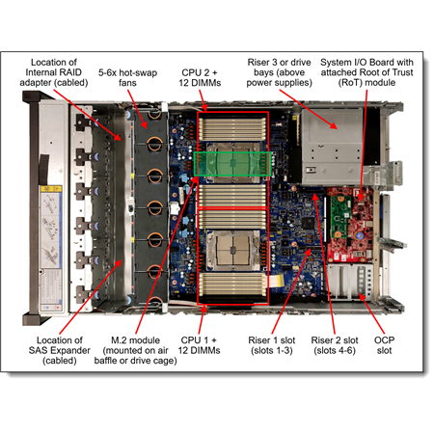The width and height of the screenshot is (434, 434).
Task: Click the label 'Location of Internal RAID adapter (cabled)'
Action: point(54,72)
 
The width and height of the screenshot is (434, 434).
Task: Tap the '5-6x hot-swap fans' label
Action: point(127,77)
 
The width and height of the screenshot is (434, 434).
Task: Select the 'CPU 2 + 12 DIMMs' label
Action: point(200,77)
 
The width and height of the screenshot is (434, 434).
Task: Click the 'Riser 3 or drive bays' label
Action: point(279,72)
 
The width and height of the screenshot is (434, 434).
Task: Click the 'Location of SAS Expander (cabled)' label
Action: point(60,350)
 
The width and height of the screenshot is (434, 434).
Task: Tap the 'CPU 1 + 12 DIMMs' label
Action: point(199,345)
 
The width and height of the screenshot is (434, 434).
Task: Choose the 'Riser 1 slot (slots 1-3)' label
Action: point(272,345)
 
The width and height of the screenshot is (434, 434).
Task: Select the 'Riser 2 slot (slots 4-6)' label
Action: point(335,345)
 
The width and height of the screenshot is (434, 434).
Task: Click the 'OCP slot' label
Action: point(384,345)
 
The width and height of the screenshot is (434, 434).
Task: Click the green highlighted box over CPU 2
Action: point(232,164)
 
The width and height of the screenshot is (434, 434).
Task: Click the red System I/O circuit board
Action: point(350,225)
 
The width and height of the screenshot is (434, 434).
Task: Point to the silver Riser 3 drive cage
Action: point(332,147)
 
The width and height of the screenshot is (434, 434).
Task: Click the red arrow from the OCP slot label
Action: point(372,313)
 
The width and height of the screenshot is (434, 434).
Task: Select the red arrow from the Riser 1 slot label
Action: point(291,291)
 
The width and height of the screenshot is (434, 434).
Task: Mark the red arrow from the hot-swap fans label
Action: point(137,109)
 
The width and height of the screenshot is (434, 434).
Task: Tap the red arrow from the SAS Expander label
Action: point(91,296)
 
